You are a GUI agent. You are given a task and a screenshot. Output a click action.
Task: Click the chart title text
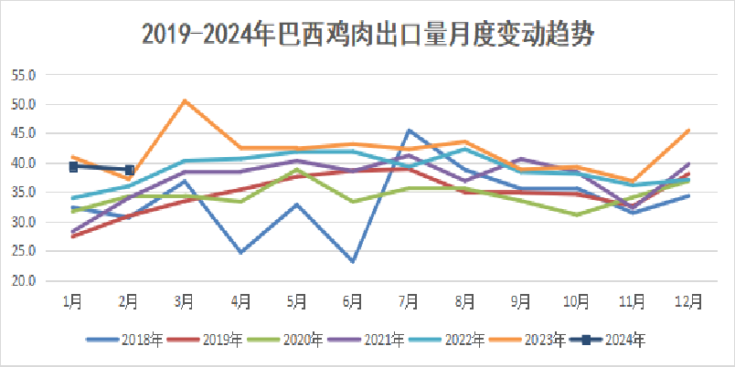pos(367,35)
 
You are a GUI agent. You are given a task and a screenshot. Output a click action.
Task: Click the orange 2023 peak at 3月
pos(185,100)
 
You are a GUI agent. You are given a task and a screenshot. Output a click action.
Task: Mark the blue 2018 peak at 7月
pos(410,131)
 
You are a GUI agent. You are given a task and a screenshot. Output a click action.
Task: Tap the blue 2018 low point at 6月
pos(353,261)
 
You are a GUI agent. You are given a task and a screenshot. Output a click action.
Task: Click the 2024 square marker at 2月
pos(129,170)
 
